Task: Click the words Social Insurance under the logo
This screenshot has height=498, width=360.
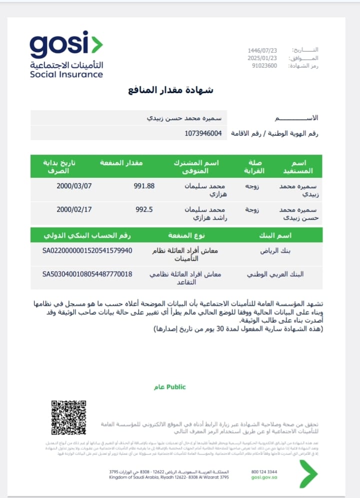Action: tap(66, 75)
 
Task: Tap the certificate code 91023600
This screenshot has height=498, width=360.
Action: tap(264, 66)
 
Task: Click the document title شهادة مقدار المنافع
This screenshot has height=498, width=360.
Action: tap(170, 90)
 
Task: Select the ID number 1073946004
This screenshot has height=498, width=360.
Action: tap(203, 133)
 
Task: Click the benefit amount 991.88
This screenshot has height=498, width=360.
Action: tap(144, 186)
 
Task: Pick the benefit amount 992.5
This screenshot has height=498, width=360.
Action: tap(144, 209)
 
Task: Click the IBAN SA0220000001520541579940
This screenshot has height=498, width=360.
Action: tap(87, 250)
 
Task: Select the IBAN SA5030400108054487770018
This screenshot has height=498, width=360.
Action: tap(87, 274)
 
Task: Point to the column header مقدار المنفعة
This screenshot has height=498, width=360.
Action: tap(121, 163)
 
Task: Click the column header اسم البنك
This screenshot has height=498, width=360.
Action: tap(275, 235)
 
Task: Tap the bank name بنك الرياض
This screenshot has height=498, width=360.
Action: tap(275, 250)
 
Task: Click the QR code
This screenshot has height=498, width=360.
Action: tap(69, 417)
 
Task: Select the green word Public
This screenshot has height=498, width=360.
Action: tap(175, 387)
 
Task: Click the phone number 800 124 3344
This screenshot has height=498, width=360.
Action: tap(265, 471)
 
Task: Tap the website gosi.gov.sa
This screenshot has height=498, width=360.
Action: tap(264, 478)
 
